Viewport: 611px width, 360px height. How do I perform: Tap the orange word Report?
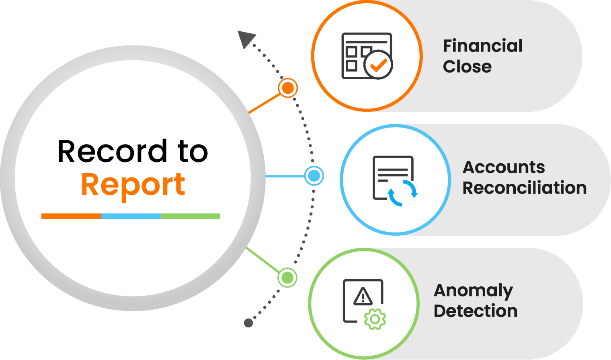pos(133,185)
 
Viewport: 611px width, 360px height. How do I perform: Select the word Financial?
pos(482,46)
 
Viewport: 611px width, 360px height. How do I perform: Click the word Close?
pos(467,67)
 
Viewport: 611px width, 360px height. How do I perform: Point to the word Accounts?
pos(504,167)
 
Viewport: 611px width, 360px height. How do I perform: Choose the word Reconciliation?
pos(524,188)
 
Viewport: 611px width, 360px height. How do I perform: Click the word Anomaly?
pos(473,290)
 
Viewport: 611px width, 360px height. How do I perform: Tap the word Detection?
pos(476,311)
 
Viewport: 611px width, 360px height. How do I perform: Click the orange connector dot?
pos(288,88)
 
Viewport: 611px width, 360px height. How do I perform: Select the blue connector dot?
pos(314,176)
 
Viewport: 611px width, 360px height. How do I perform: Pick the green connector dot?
pos(287,278)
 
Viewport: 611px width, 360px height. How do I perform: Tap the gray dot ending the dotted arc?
pos(248,323)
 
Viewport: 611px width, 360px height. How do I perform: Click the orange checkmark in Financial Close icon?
pos(378,65)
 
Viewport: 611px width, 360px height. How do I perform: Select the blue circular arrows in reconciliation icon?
pos(402,193)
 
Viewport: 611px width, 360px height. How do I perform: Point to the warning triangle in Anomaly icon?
pos(363,297)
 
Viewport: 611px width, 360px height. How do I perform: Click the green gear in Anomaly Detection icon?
pos(375,319)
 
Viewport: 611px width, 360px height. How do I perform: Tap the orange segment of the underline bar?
pos(71,216)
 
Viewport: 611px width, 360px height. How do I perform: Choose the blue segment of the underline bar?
pos(131,216)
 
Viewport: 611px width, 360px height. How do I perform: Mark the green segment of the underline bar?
pos(190,216)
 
